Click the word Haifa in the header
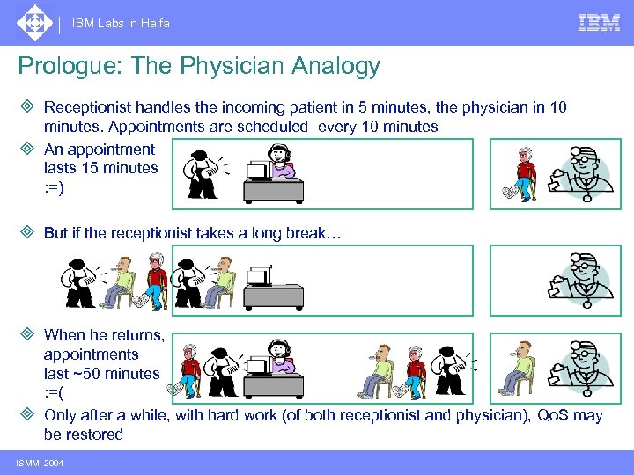pyautogui.click(x=155, y=24)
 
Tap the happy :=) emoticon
pyautogui.click(x=54, y=186)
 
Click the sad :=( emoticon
pyautogui.click(x=54, y=392)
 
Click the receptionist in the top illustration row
pyautogui.click(x=283, y=164)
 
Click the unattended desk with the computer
pyautogui.click(x=272, y=286)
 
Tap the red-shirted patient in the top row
pyautogui.click(x=526, y=173)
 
